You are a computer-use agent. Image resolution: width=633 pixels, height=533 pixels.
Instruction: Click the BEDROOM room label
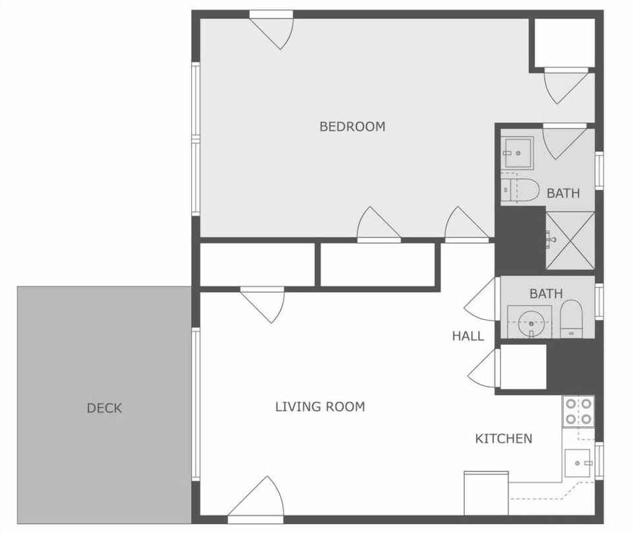pos(352,126)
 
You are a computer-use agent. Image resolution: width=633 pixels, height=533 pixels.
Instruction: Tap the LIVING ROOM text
pos(320,407)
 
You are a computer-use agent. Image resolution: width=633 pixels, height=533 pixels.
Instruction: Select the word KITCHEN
pos(504,439)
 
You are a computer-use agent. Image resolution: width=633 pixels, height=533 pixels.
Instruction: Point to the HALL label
pos(467,336)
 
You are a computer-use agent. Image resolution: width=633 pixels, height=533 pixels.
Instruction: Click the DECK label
pos(104,408)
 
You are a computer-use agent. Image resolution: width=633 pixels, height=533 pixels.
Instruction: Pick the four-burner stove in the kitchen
pos(578,412)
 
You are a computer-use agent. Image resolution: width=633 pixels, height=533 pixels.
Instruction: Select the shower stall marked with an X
pos(570,241)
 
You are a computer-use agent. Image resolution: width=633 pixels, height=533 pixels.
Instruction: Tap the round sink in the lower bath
pos(529,323)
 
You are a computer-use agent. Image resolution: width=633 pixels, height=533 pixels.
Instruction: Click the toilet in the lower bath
pos(571,318)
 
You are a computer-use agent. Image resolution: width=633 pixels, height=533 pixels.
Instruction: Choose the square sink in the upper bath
pos(517,153)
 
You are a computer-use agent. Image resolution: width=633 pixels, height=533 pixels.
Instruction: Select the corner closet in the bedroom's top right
pos(564,42)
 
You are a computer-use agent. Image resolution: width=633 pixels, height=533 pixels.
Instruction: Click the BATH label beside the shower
pos(563,193)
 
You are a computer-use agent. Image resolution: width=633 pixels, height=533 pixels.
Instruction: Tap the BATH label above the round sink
pos(546,294)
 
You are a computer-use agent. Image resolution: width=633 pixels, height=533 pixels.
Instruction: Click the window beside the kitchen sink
pos(599,460)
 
